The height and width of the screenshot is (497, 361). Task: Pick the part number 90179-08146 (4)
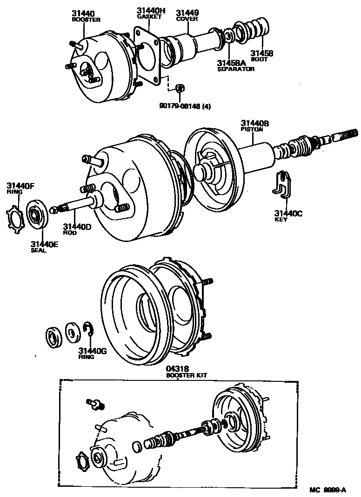[x=185, y=106]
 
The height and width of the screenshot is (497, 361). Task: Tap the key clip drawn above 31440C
[x=282, y=184]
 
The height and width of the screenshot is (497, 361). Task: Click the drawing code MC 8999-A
[x=328, y=490]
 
